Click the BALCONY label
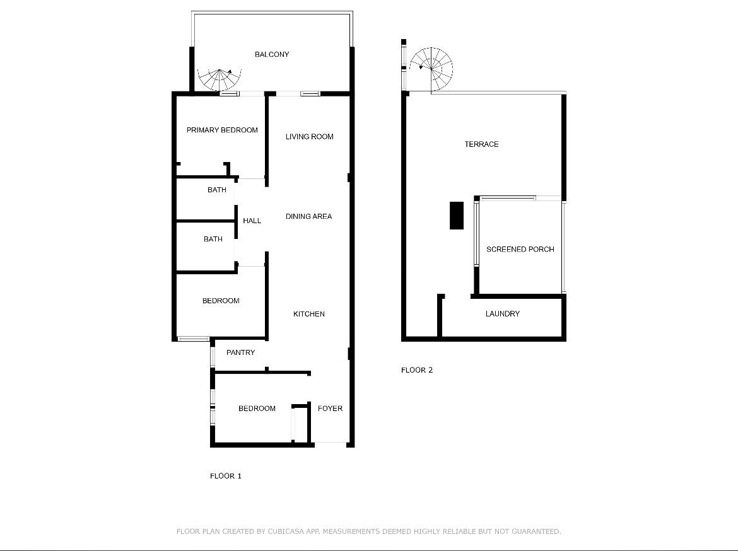tap(272, 55)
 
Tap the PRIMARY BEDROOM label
tap(222, 130)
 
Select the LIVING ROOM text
tap(309, 137)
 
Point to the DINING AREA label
tap(308, 216)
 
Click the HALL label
tap(252, 221)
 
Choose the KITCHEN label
tap(308, 315)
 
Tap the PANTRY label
tap(240, 352)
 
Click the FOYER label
tap(330, 409)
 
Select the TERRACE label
tap(481, 144)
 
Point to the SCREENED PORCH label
tap(520, 250)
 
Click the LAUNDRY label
tap(503, 314)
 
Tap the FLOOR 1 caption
tap(225, 476)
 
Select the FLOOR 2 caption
tap(416, 370)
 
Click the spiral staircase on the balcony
tap(220, 79)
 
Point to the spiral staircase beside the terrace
tap(431, 69)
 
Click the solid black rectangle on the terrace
tap(457, 216)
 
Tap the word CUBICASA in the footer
tap(286, 531)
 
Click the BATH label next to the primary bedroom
tap(216, 190)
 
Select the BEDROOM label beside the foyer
tap(257, 409)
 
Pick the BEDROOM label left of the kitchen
tap(221, 301)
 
